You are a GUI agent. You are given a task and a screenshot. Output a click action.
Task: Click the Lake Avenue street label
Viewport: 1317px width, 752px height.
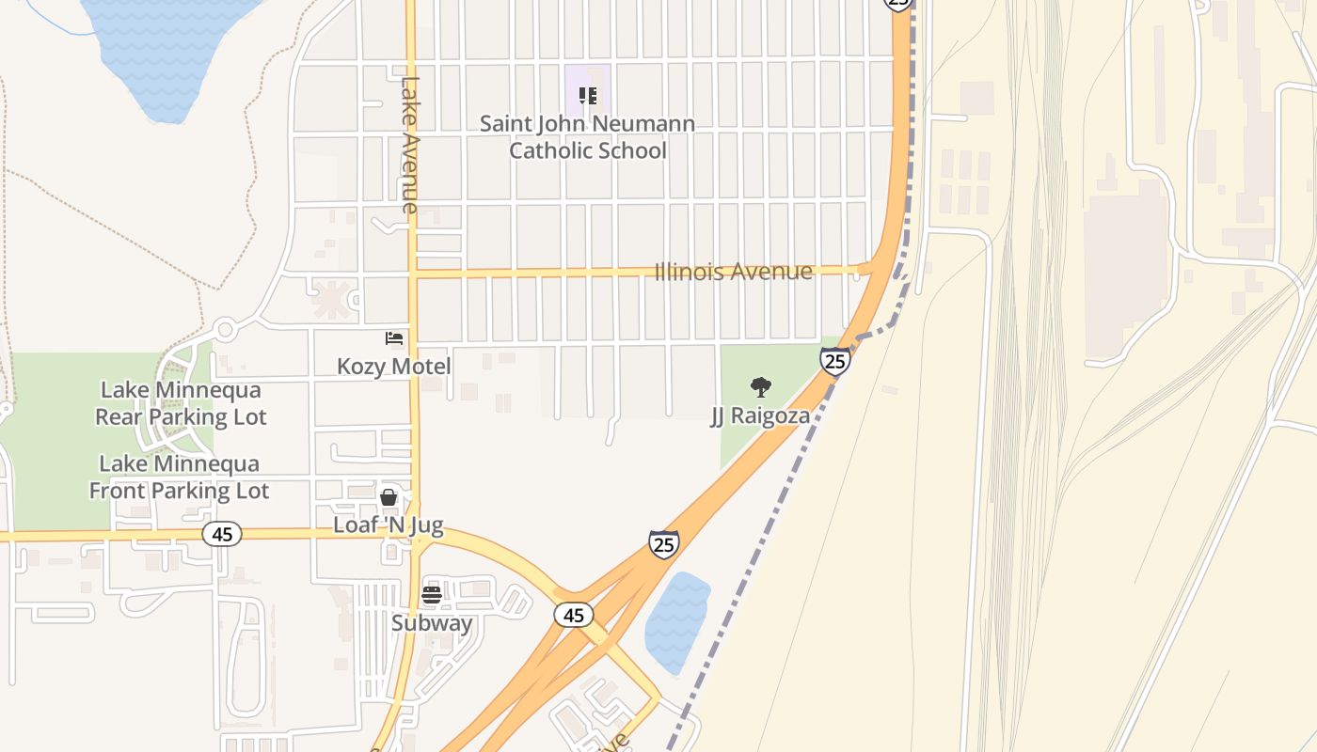click(x=409, y=144)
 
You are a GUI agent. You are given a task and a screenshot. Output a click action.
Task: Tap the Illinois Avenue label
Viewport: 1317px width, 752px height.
click(x=733, y=272)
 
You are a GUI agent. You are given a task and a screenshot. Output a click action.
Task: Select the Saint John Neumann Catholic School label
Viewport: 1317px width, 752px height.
click(x=588, y=137)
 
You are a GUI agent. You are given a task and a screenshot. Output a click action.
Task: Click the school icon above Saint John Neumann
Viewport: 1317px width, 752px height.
click(x=588, y=95)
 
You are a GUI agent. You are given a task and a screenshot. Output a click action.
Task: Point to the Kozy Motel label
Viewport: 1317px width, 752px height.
click(x=394, y=367)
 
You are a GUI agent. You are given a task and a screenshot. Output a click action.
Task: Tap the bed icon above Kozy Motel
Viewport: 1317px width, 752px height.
click(x=394, y=338)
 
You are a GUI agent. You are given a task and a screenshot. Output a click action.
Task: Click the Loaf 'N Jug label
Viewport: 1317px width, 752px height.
click(x=388, y=525)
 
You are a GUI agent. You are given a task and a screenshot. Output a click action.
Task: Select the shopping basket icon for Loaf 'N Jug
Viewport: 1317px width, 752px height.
click(x=388, y=497)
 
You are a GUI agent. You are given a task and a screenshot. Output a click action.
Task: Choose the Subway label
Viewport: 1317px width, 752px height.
click(x=432, y=622)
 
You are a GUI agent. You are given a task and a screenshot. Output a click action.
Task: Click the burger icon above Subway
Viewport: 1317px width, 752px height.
click(x=432, y=594)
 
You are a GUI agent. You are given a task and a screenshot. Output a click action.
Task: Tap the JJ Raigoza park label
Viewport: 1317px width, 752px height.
click(x=760, y=415)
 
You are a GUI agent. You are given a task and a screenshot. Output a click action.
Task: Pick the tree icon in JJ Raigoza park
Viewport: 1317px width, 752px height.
click(x=760, y=386)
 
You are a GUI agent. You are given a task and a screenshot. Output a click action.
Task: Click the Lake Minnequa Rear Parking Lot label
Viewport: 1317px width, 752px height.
click(x=181, y=403)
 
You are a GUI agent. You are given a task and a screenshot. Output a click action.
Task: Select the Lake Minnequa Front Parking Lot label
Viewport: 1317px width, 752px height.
click(x=179, y=477)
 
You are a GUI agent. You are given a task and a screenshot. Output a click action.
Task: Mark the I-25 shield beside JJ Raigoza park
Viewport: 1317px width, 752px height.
click(x=834, y=361)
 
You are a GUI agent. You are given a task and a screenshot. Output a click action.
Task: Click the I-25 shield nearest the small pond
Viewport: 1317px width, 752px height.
click(x=663, y=543)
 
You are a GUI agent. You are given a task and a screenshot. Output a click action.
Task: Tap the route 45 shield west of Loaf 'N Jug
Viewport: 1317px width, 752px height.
click(x=222, y=534)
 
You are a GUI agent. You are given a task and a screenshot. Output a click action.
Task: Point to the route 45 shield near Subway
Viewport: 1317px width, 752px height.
click(x=573, y=615)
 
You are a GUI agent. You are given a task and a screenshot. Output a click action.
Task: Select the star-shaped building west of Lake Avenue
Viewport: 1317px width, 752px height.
click(x=330, y=299)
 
